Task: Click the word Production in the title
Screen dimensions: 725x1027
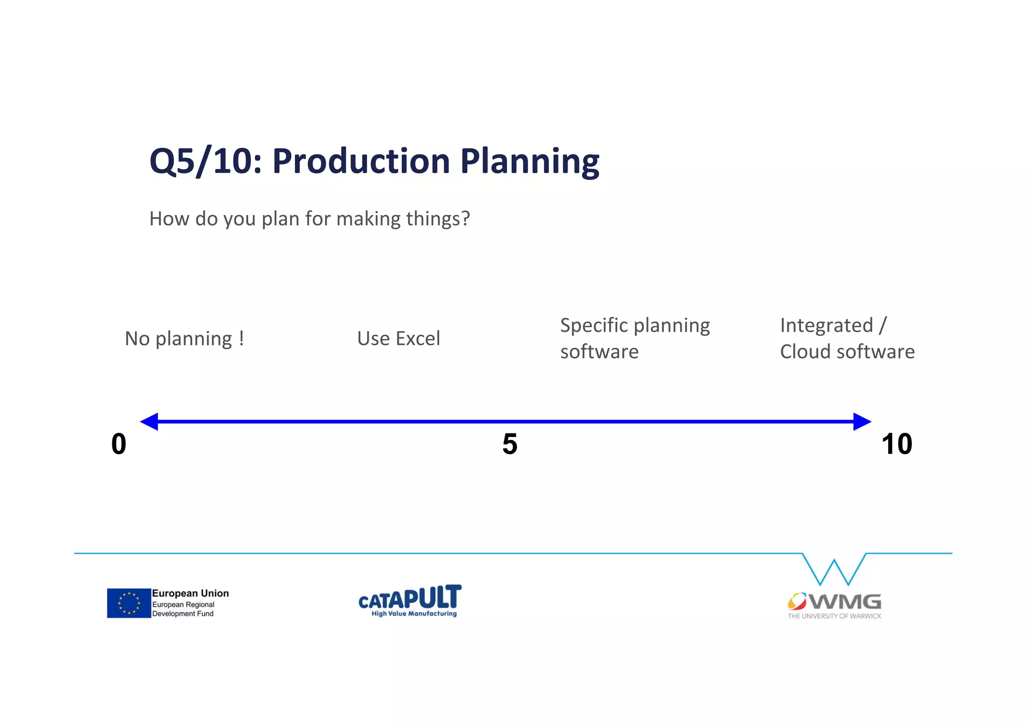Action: coord(361,161)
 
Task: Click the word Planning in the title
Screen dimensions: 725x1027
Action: coord(530,161)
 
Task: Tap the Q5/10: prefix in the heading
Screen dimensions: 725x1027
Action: coord(206,161)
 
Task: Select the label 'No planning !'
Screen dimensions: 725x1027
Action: coord(185,339)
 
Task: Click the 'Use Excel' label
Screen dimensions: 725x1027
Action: coord(399,339)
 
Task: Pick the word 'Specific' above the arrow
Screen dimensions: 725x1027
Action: coord(593,325)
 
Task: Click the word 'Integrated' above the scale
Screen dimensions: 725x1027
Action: coord(826,325)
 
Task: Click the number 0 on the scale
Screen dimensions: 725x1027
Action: coord(119,444)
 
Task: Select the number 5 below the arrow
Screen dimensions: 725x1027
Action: coord(509,444)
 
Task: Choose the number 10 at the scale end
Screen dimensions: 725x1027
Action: coord(897,444)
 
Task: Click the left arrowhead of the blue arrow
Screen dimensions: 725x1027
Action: coord(149,421)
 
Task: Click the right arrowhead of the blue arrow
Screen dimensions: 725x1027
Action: coord(862,421)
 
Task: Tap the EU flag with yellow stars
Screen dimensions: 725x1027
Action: coord(129,603)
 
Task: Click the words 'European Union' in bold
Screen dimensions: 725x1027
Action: coord(190,593)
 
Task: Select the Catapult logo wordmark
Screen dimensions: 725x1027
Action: coord(410,597)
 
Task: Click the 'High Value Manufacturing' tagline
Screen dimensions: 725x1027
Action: coord(414,614)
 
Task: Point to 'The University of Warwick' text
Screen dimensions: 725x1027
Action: coord(834,616)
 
